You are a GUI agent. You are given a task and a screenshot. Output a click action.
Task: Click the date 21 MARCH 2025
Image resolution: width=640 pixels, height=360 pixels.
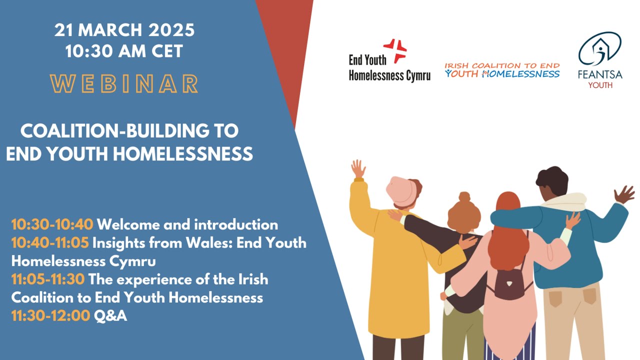(x=124, y=30)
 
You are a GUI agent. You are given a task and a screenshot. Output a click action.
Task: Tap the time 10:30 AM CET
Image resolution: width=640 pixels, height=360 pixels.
(x=124, y=51)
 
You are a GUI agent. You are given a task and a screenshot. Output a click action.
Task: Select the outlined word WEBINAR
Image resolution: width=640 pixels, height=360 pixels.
(x=124, y=84)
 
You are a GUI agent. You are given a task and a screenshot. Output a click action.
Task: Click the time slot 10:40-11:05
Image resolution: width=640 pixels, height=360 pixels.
(x=50, y=243)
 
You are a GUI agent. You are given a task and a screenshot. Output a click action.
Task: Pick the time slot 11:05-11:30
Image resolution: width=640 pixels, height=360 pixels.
(x=48, y=279)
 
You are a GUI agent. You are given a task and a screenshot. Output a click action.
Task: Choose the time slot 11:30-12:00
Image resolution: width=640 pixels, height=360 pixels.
(x=50, y=315)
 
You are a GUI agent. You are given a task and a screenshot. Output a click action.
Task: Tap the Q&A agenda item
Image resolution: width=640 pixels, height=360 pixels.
(x=110, y=315)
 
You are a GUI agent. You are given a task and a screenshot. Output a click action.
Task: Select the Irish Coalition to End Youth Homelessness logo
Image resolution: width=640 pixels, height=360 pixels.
(x=502, y=70)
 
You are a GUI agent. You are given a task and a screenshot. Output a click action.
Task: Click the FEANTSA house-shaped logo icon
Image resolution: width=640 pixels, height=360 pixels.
(x=600, y=50)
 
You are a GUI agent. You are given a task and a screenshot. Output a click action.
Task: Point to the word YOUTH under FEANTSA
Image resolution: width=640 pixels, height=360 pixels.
(x=600, y=85)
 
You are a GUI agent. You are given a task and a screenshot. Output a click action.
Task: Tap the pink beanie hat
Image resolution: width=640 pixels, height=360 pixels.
(x=403, y=189)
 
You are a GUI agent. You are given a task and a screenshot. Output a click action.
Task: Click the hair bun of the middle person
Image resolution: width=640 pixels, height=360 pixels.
(x=463, y=197)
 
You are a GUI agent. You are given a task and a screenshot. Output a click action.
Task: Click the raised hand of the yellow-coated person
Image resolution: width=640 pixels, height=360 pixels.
(x=358, y=169)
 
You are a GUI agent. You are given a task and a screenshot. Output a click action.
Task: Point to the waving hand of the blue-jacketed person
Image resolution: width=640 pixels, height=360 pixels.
(x=624, y=194)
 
